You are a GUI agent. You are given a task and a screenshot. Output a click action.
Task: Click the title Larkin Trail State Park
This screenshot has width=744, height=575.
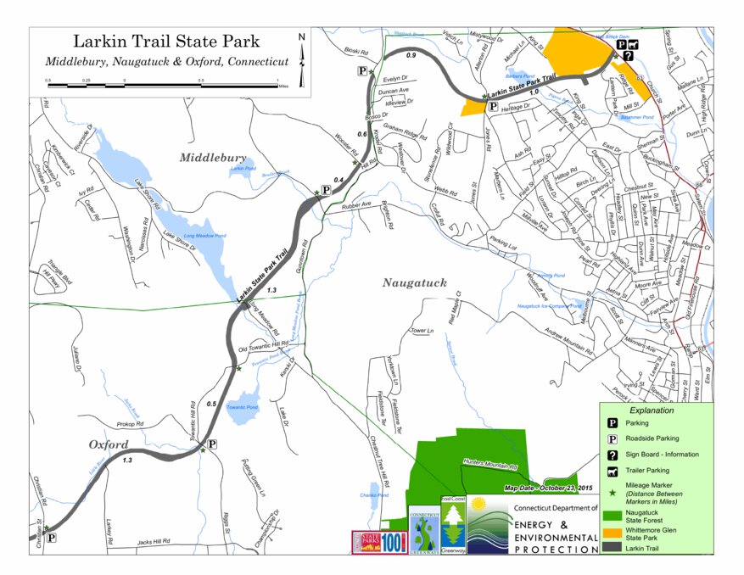[166, 41]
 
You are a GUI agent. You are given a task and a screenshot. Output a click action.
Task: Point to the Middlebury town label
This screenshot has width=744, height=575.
[213, 158]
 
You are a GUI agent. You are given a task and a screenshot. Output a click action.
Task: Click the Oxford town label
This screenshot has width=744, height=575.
[109, 444]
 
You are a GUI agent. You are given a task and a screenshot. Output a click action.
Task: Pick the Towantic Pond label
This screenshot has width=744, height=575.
[242, 408]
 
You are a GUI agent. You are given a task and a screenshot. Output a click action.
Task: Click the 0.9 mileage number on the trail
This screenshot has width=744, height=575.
[411, 56]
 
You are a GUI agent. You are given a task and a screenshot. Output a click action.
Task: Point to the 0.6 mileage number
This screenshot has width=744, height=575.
[362, 135]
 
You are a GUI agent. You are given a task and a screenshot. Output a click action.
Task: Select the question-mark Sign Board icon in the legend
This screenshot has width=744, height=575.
[613, 455]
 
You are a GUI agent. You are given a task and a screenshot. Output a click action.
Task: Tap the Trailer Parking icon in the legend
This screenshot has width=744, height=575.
[613, 471]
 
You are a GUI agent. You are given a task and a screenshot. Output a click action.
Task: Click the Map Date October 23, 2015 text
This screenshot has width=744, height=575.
[552, 488]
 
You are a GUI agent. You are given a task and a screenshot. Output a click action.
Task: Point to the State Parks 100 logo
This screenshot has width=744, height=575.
[378, 542]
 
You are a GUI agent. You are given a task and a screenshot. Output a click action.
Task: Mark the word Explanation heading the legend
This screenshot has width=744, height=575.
[652, 410]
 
